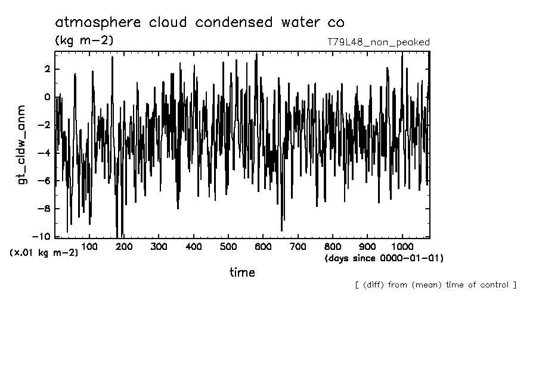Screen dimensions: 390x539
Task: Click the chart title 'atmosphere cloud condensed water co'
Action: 199,23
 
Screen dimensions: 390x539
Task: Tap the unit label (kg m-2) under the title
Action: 83,41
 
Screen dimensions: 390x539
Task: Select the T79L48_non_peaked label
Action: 379,42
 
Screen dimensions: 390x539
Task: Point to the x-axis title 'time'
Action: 242,273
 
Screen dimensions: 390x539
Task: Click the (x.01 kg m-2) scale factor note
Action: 44,253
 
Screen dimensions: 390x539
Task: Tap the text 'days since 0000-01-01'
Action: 384,258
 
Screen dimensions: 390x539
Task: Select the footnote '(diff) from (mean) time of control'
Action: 435,284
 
